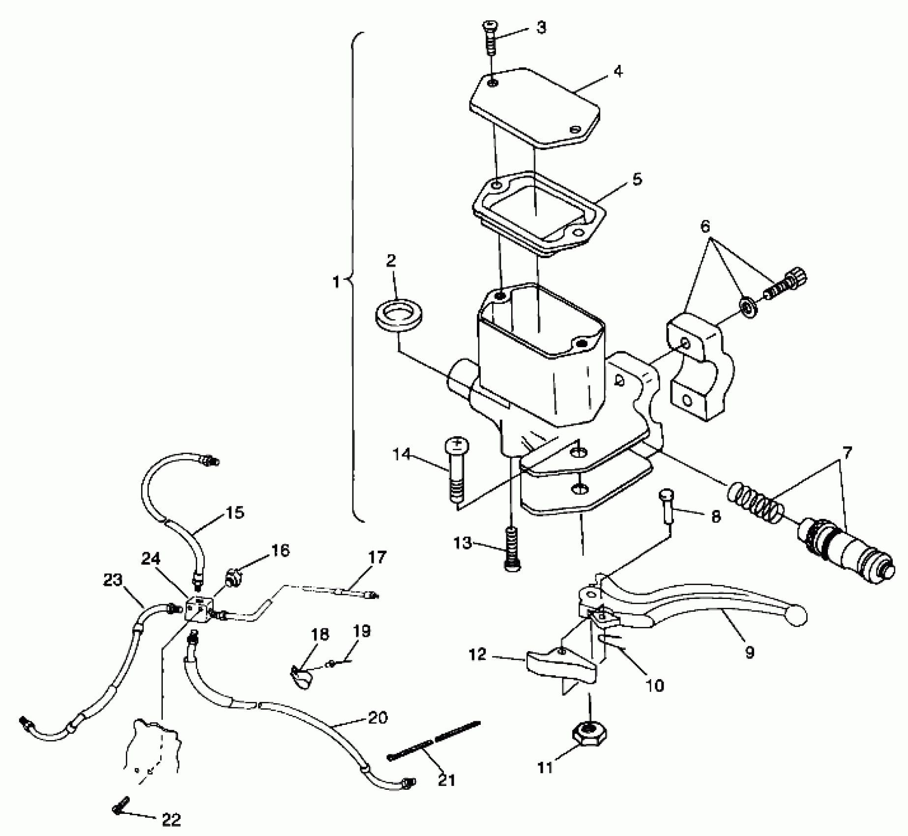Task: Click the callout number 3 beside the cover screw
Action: (x=541, y=28)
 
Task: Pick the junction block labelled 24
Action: (x=200, y=608)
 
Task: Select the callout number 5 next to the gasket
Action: (x=637, y=179)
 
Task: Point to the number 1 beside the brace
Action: (x=336, y=282)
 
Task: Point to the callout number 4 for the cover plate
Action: (x=618, y=71)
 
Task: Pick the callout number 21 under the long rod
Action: (x=447, y=780)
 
